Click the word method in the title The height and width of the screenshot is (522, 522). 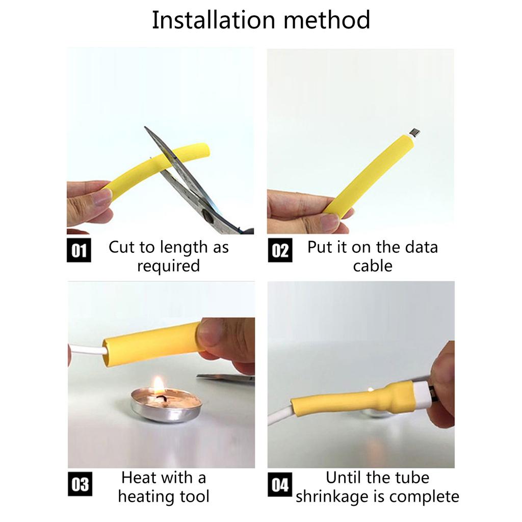point(327,20)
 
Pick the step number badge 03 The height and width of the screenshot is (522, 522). point(80,484)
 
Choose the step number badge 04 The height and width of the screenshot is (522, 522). point(280,484)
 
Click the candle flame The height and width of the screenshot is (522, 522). point(159,385)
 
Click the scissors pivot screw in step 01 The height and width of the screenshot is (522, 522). point(207,216)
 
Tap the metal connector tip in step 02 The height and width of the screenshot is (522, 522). point(415,133)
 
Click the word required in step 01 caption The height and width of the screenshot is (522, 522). point(168,266)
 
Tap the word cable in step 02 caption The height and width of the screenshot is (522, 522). point(373,266)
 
